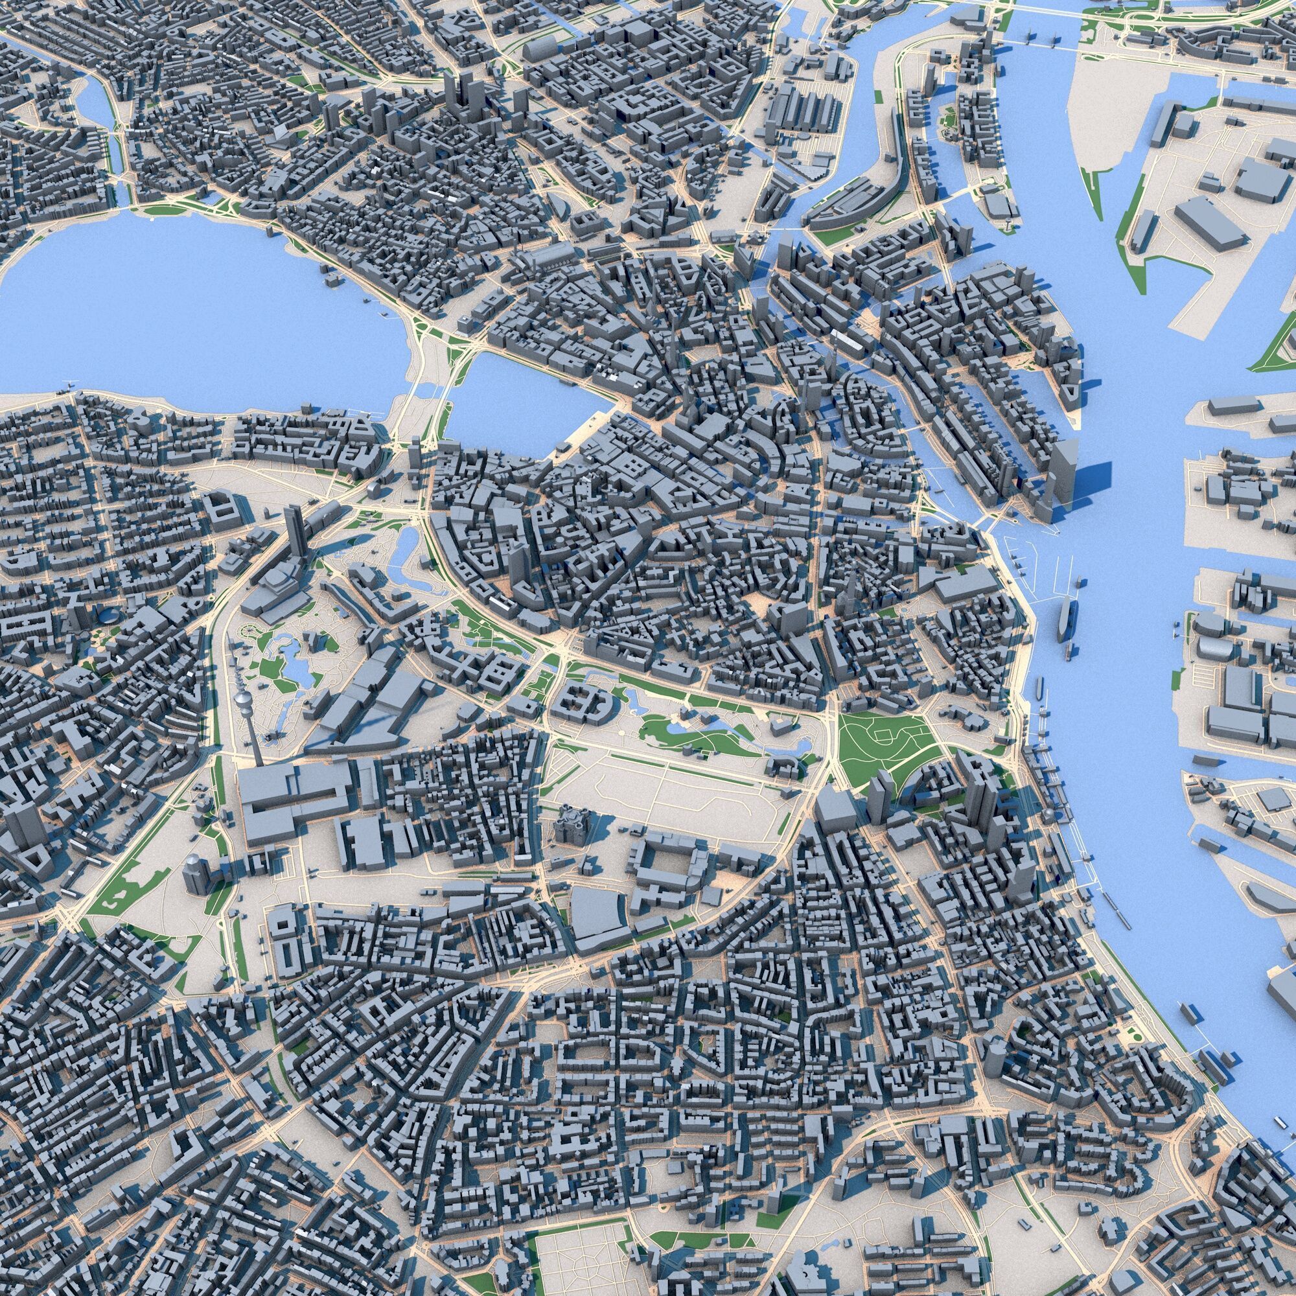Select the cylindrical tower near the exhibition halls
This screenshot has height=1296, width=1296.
(x=194, y=873)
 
